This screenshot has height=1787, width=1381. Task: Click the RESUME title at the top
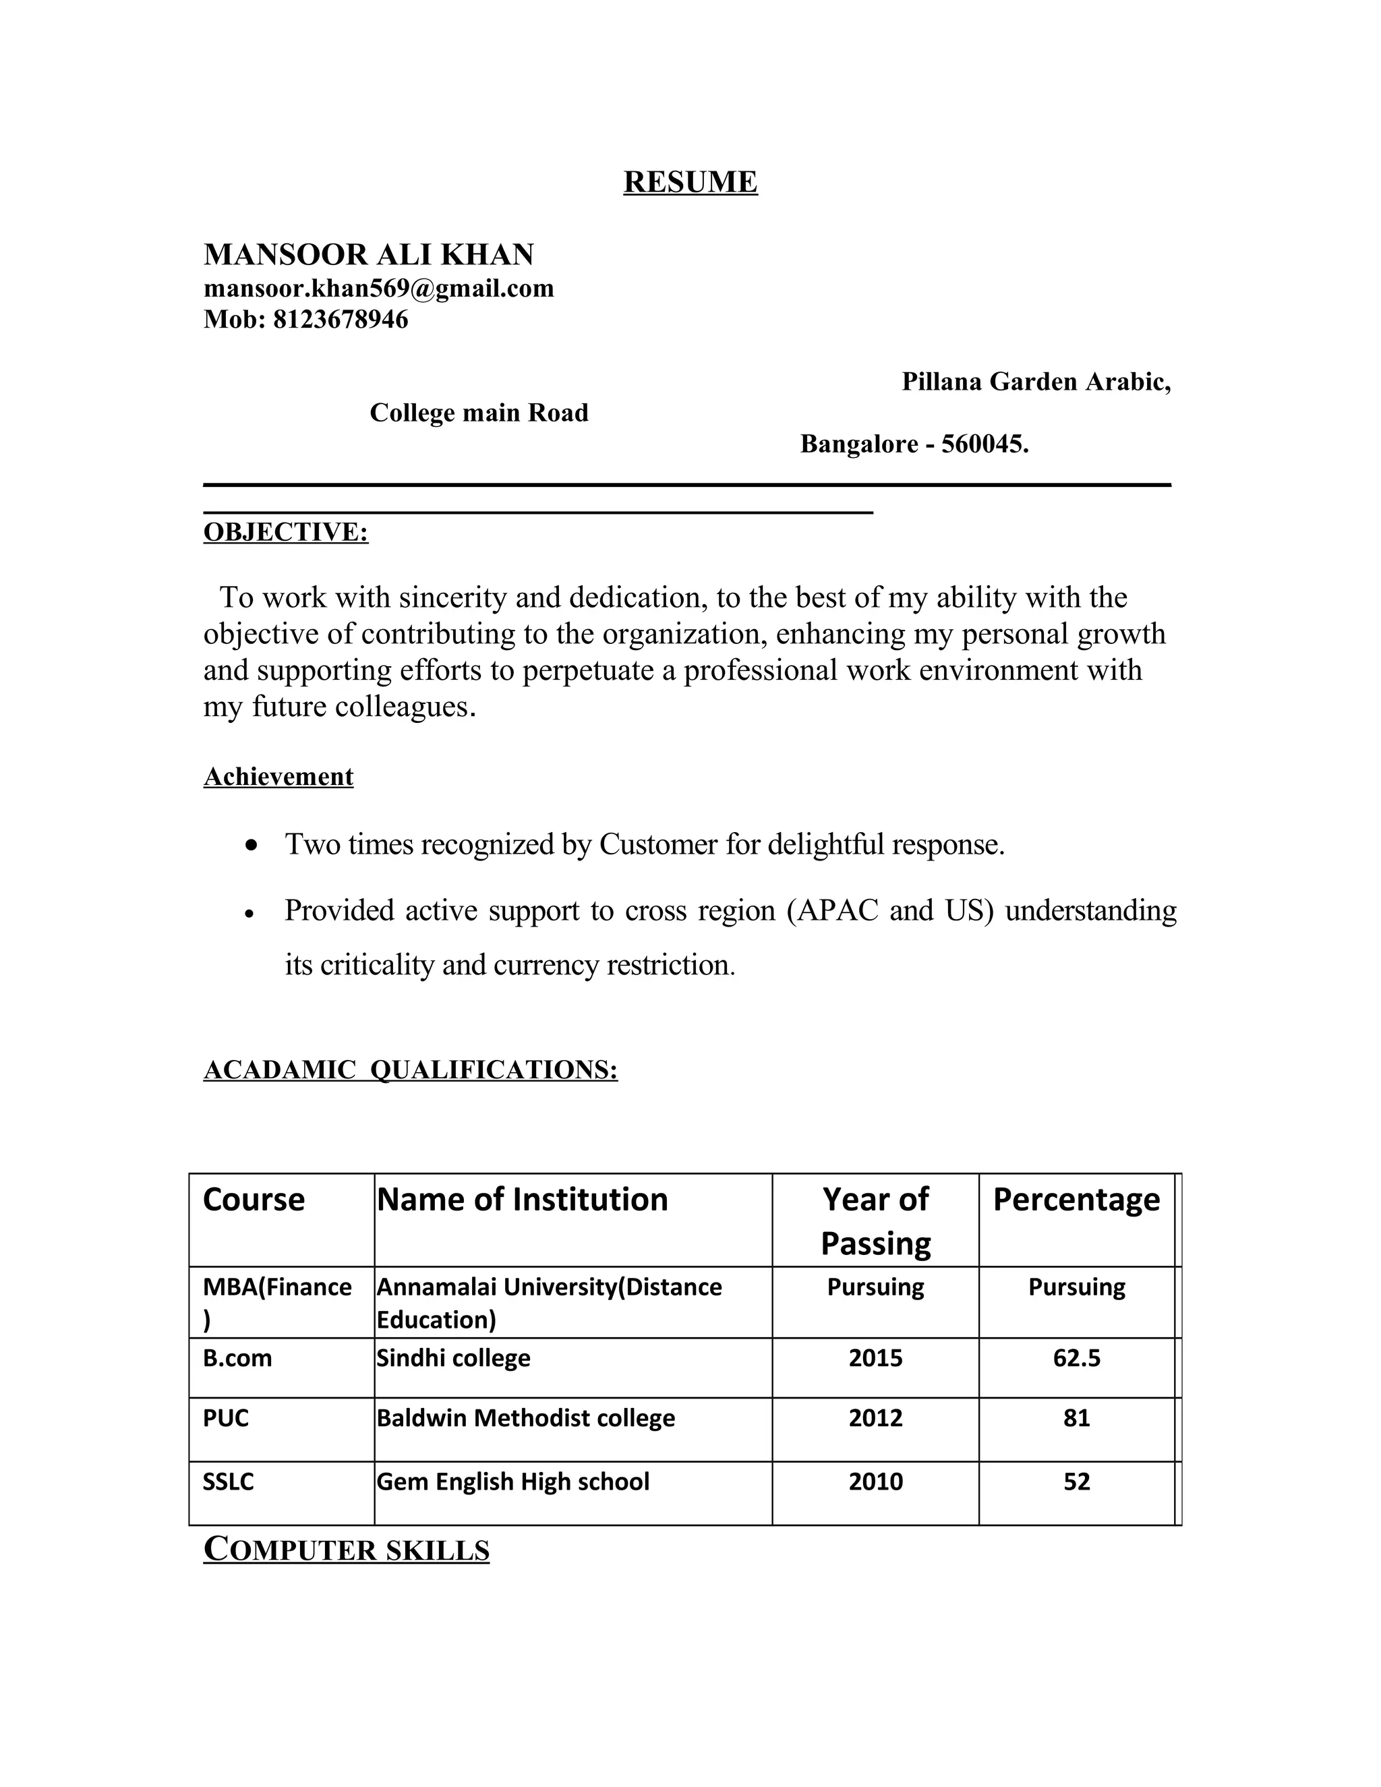[690, 181]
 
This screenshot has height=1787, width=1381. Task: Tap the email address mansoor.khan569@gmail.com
[378, 289]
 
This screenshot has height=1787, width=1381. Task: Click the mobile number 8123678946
[340, 319]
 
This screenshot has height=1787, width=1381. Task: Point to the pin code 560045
[983, 444]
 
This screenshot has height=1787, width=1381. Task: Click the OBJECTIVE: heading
[285, 532]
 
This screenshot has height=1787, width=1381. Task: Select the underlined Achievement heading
[278, 776]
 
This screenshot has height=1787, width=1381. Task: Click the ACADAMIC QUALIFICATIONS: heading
[410, 1070]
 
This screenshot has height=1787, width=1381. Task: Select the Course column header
[254, 1200]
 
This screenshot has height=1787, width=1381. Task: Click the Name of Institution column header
[522, 1200]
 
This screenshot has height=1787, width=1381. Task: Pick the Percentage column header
[1076, 1200]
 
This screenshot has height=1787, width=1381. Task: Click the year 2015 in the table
[875, 1358]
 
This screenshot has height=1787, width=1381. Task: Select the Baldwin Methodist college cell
[525, 1418]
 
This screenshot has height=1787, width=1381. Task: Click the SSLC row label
[229, 1482]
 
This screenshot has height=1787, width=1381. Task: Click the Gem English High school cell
[513, 1482]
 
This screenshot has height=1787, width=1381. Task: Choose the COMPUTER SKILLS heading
[346, 1550]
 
